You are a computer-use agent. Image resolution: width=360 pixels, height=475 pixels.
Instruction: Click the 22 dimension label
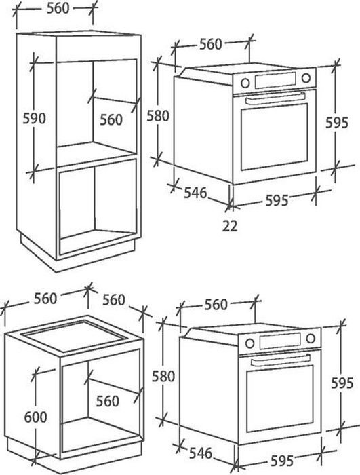click(230, 226)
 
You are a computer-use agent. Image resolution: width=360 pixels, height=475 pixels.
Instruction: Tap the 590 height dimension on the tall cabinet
click(34, 119)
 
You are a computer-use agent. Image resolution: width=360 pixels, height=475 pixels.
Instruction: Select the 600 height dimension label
click(35, 417)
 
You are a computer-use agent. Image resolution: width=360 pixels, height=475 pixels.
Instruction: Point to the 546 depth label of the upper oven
click(195, 193)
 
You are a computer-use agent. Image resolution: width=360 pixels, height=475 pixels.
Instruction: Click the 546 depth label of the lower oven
click(201, 453)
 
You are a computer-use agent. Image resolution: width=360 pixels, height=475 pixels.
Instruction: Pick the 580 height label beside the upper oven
click(158, 116)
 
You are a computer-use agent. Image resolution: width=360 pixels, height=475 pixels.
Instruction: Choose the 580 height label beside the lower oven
click(163, 376)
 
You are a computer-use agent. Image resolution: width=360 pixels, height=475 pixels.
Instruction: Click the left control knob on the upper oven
click(245, 83)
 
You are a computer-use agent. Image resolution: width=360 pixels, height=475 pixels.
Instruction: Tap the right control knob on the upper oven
click(306, 78)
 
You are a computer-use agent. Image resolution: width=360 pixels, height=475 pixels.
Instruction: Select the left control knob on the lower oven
click(249, 343)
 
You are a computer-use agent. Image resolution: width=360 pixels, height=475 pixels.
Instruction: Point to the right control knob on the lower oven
click(311, 339)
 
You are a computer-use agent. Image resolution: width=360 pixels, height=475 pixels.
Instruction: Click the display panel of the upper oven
click(275, 80)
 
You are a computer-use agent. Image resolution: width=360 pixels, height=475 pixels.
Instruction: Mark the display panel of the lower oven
click(280, 341)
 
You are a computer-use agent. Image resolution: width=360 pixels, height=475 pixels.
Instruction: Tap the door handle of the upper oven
click(275, 99)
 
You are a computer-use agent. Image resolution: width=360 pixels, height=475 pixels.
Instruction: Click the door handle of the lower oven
click(280, 360)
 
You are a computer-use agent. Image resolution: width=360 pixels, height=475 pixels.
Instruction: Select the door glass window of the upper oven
click(275, 137)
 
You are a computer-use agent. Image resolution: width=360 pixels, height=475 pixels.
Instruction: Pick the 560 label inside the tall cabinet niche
click(111, 119)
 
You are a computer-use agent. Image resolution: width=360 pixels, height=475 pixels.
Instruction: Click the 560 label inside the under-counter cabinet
click(108, 402)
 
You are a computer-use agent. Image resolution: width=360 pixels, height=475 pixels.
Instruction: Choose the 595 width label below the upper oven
click(277, 201)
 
